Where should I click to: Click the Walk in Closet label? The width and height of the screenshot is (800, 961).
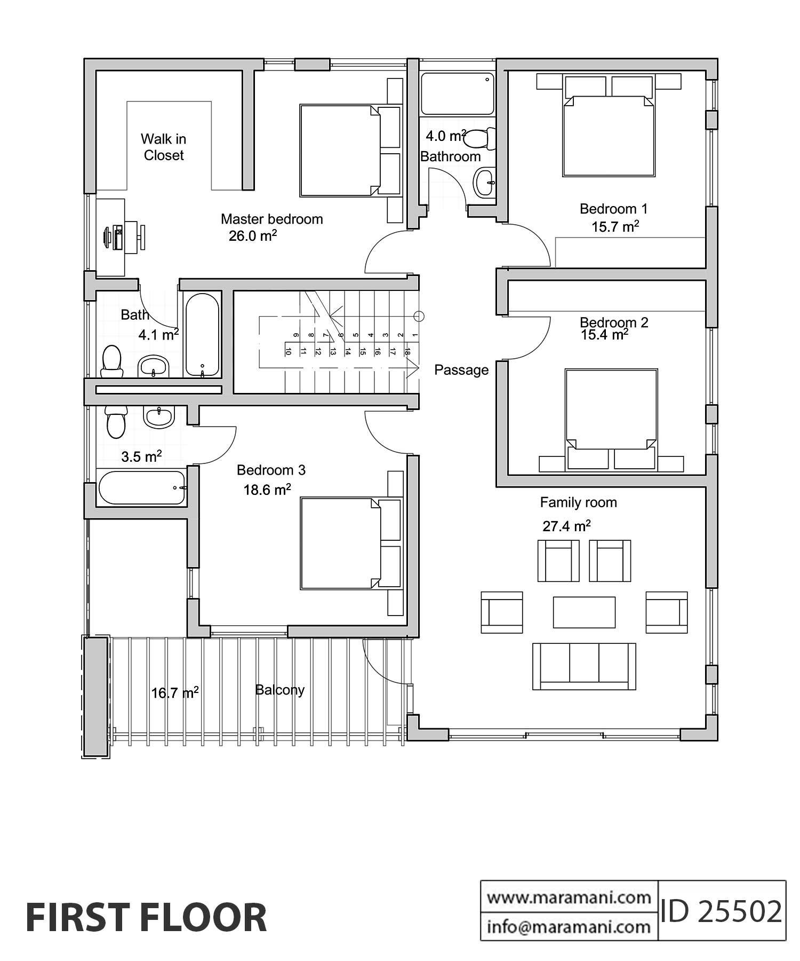pos(163,147)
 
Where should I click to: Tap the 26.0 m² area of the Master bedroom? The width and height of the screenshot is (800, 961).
pos(252,236)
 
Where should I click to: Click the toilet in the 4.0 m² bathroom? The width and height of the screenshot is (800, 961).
pos(479,139)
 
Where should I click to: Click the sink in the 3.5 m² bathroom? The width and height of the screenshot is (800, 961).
pos(158,416)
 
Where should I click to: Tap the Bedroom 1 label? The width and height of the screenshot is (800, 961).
pos(613,209)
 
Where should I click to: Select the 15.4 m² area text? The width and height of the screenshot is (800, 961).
pos(604,335)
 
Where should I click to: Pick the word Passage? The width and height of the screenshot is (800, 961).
pos(461,370)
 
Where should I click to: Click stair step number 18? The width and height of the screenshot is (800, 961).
pos(407,351)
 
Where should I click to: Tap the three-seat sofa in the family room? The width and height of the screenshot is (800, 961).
pos(584,666)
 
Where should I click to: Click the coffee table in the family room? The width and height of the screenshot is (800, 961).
pos(584,612)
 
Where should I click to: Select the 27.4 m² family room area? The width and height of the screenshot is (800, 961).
pos(566,526)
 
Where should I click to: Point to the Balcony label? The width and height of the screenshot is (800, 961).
pos(279,690)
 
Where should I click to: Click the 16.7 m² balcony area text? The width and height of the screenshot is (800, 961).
pos(174,693)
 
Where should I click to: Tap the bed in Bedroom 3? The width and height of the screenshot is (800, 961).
pos(341,543)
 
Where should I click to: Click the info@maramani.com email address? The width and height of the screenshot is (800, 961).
pos(569,927)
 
